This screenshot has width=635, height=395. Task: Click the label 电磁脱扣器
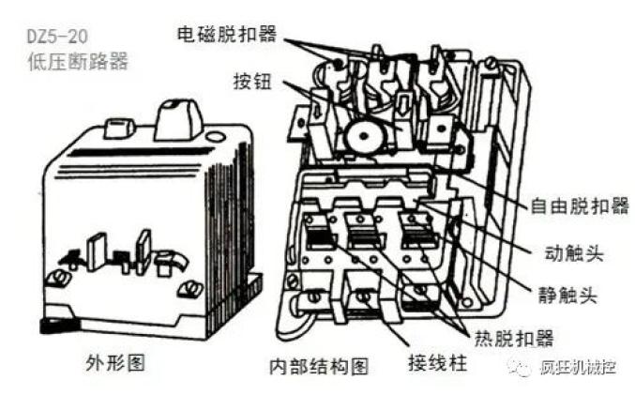click(x=227, y=34)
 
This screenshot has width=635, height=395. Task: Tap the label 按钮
click(x=252, y=82)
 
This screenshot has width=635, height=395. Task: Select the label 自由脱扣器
click(x=580, y=205)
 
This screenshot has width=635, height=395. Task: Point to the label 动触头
click(x=574, y=253)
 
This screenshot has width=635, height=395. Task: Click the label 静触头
click(x=567, y=295)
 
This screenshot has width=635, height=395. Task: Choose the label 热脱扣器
click(x=514, y=338)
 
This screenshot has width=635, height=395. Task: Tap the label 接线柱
click(x=438, y=362)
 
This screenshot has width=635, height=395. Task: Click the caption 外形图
click(x=115, y=362)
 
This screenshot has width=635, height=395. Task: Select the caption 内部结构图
click(x=319, y=366)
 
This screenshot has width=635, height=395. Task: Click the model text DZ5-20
click(x=57, y=37)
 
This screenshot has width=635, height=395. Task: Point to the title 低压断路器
click(x=78, y=62)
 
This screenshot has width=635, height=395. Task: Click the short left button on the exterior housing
click(x=119, y=129)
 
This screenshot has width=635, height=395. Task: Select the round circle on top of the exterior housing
click(x=215, y=136)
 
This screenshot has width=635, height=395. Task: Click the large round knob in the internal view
click(x=363, y=136)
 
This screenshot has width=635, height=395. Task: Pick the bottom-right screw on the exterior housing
click(x=190, y=288)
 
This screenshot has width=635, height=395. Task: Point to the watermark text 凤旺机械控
click(x=578, y=367)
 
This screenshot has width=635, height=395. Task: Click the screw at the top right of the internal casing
click(x=491, y=63)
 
